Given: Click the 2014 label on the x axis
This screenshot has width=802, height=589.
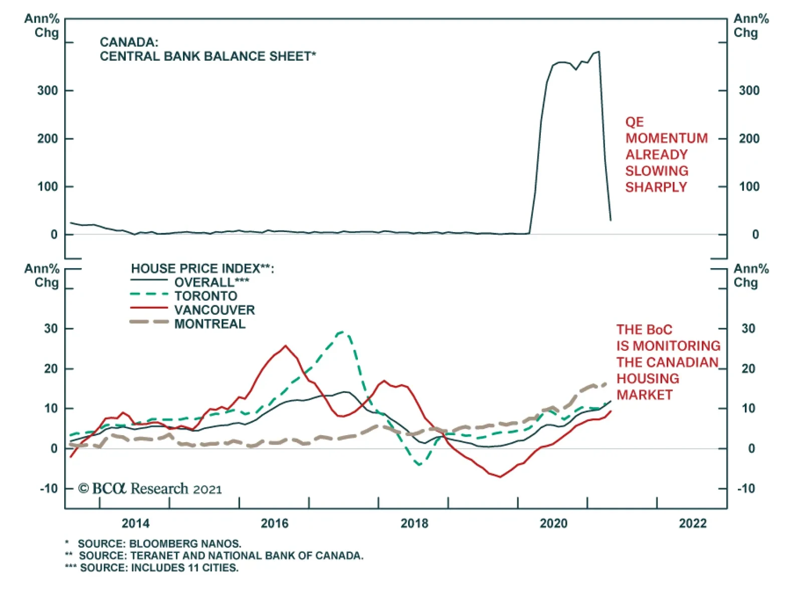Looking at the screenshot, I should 135,523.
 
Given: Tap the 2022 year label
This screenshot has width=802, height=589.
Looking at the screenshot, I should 692,523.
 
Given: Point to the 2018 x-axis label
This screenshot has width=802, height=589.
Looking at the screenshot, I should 414,523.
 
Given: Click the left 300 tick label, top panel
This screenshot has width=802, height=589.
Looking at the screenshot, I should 48,91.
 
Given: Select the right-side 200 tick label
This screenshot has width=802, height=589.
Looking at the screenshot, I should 749,139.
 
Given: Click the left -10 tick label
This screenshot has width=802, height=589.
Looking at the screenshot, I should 49,488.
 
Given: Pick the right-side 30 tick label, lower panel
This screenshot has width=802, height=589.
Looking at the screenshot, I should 748,329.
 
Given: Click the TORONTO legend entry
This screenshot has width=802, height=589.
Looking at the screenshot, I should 206,296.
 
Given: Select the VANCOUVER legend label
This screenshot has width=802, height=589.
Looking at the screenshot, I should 215,310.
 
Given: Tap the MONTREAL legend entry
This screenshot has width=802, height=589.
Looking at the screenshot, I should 210,324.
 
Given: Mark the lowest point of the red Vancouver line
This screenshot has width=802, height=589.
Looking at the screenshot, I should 500,477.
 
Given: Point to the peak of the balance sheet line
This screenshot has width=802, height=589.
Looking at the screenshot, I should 598,52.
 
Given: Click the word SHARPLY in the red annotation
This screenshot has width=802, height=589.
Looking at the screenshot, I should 656,187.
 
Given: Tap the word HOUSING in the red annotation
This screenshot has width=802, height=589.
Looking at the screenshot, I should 648,378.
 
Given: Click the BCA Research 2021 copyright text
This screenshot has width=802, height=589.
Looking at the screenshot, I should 150,489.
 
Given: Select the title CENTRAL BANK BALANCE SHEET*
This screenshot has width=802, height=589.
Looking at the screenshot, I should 208,56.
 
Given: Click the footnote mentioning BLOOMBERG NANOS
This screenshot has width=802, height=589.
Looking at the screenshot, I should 159,543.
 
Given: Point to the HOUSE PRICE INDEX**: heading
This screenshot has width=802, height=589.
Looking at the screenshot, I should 203,269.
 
